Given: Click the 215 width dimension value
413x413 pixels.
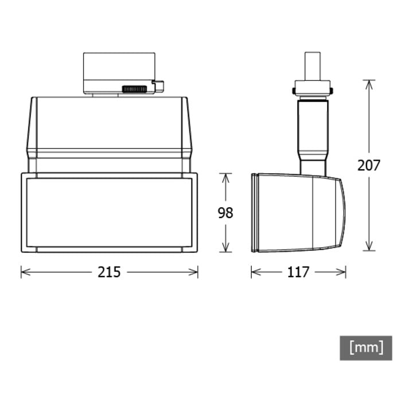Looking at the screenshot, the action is (x=109, y=272).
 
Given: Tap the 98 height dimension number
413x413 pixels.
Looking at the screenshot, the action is (x=225, y=213).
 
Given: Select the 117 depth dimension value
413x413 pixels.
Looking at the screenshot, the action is (x=298, y=272).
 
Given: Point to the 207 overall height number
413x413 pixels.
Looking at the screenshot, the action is (x=369, y=165).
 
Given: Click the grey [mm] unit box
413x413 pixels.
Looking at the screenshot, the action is (x=366, y=348).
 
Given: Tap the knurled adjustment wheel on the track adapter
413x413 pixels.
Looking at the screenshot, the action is (x=134, y=89).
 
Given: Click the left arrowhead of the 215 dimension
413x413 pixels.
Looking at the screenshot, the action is (x=26, y=272).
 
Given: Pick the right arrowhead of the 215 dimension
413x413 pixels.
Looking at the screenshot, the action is (x=193, y=272).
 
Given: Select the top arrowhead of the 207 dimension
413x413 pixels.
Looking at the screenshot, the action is (x=369, y=85).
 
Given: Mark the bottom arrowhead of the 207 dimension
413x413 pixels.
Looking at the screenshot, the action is (x=369, y=246).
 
